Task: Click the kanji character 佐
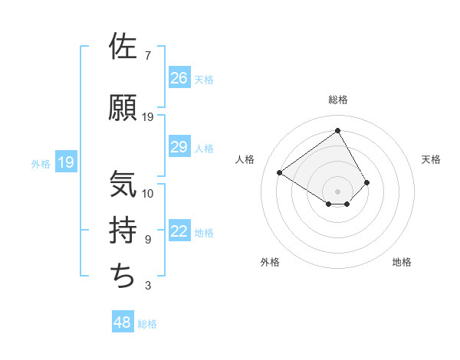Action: pyautogui.click(x=123, y=47)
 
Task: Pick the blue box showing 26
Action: pyautogui.click(x=179, y=77)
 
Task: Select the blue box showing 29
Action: pyautogui.click(x=179, y=147)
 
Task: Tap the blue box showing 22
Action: pyautogui.click(x=179, y=232)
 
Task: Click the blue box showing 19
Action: pyautogui.click(x=65, y=162)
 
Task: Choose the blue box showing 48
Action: pyautogui.click(x=122, y=322)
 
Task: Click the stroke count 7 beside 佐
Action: pyautogui.click(x=147, y=56)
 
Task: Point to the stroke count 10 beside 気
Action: pyautogui.click(x=148, y=193)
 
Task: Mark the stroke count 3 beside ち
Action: pyautogui.click(x=147, y=286)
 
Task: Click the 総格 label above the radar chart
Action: pyautogui.click(x=338, y=100)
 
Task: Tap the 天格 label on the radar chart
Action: pyautogui.click(x=432, y=159)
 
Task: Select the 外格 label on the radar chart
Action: pyautogui.click(x=270, y=262)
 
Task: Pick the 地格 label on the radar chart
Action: pyautogui.click(x=402, y=262)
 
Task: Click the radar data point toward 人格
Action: pyautogui.click(x=280, y=172)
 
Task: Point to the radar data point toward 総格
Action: pyautogui.click(x=337, y=130)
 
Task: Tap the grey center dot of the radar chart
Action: pyautogui.click(x=337, y=190)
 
